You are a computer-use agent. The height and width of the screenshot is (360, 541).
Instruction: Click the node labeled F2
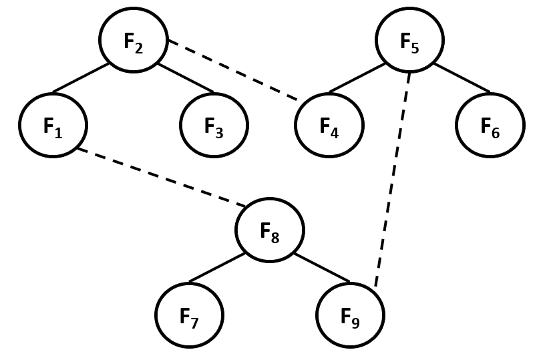pyautogui.click(x=134, y=41)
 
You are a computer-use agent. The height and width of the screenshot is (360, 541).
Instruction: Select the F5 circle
pyautogui.click(x=409, y=41)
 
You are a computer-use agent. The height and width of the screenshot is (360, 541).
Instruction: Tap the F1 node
pyautogui.click(x=53, y=125)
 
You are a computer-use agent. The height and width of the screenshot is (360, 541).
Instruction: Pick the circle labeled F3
pyautogui.click(x=214, y=125)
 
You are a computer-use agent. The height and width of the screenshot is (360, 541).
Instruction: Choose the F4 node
pyautogui.click(x=329, y=125)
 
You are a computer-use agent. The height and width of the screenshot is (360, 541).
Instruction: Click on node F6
pyautogui.click(x=490, y=125)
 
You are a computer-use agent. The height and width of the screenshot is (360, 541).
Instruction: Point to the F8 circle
pyautogui.click(x=270, y=230)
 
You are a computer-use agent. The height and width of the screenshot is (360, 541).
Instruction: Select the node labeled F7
pyautogui.click(x=189, y=315)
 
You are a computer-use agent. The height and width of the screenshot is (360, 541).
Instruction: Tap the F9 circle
pyautogui.click(x=350, y=315)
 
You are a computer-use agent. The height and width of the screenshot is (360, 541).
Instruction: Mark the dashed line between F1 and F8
pyautogui.click(x=161, y=177)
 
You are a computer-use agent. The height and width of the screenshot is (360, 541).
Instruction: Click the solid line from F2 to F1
pyautogui.click(x=81, y=77)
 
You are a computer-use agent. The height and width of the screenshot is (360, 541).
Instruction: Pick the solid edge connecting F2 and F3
pyautogui.click(x=186, y=77)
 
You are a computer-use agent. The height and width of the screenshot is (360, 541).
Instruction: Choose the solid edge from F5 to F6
pyautogui.click(x=462, y=77)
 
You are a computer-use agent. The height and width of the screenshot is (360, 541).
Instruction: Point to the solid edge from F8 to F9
pyautogui.click(x=322, y=267)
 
